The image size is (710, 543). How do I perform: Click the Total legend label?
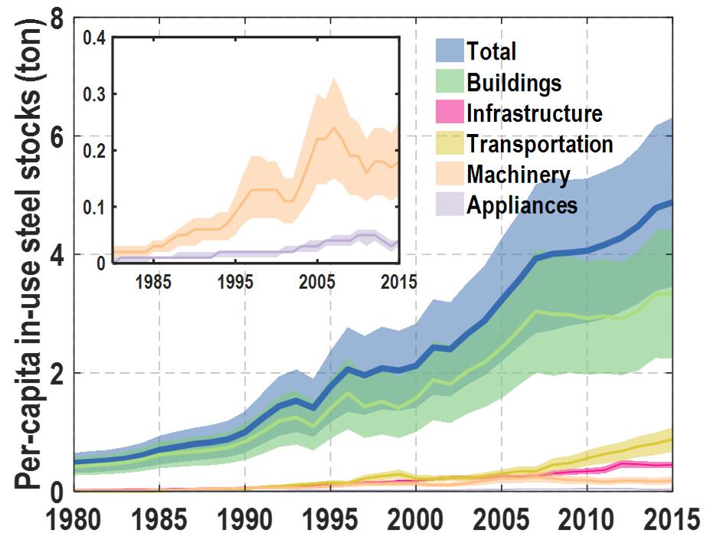[492, 51]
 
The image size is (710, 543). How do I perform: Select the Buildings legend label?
[514, 82]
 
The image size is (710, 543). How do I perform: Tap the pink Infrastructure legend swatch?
[450, 113]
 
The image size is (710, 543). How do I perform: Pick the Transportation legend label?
[540, 144]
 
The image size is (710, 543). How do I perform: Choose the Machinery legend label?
[519, 175]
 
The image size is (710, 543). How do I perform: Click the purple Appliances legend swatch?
[450, 204]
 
